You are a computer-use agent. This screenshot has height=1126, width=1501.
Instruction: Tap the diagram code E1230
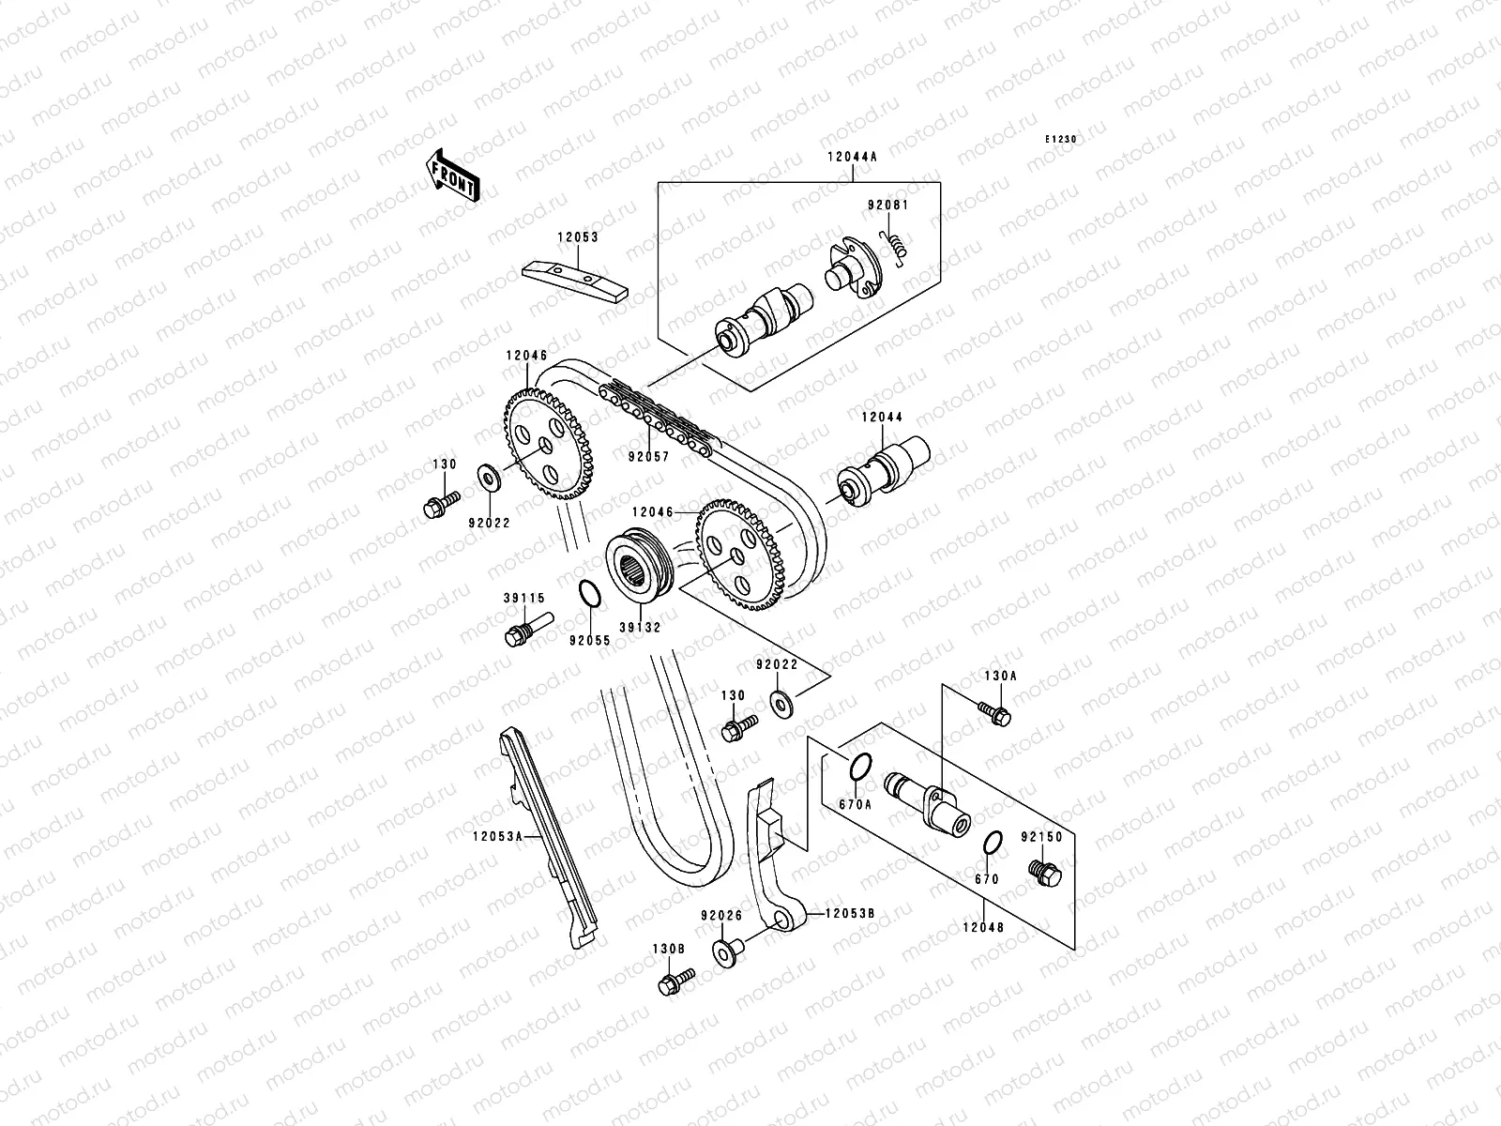pyautogui.click(x=1062, y=140)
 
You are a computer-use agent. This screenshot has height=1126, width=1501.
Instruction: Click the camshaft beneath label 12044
pyautogui.click(x=882, y=474)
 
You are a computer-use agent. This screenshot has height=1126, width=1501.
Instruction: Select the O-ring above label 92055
pyautogui.click(x=589, y=596)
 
